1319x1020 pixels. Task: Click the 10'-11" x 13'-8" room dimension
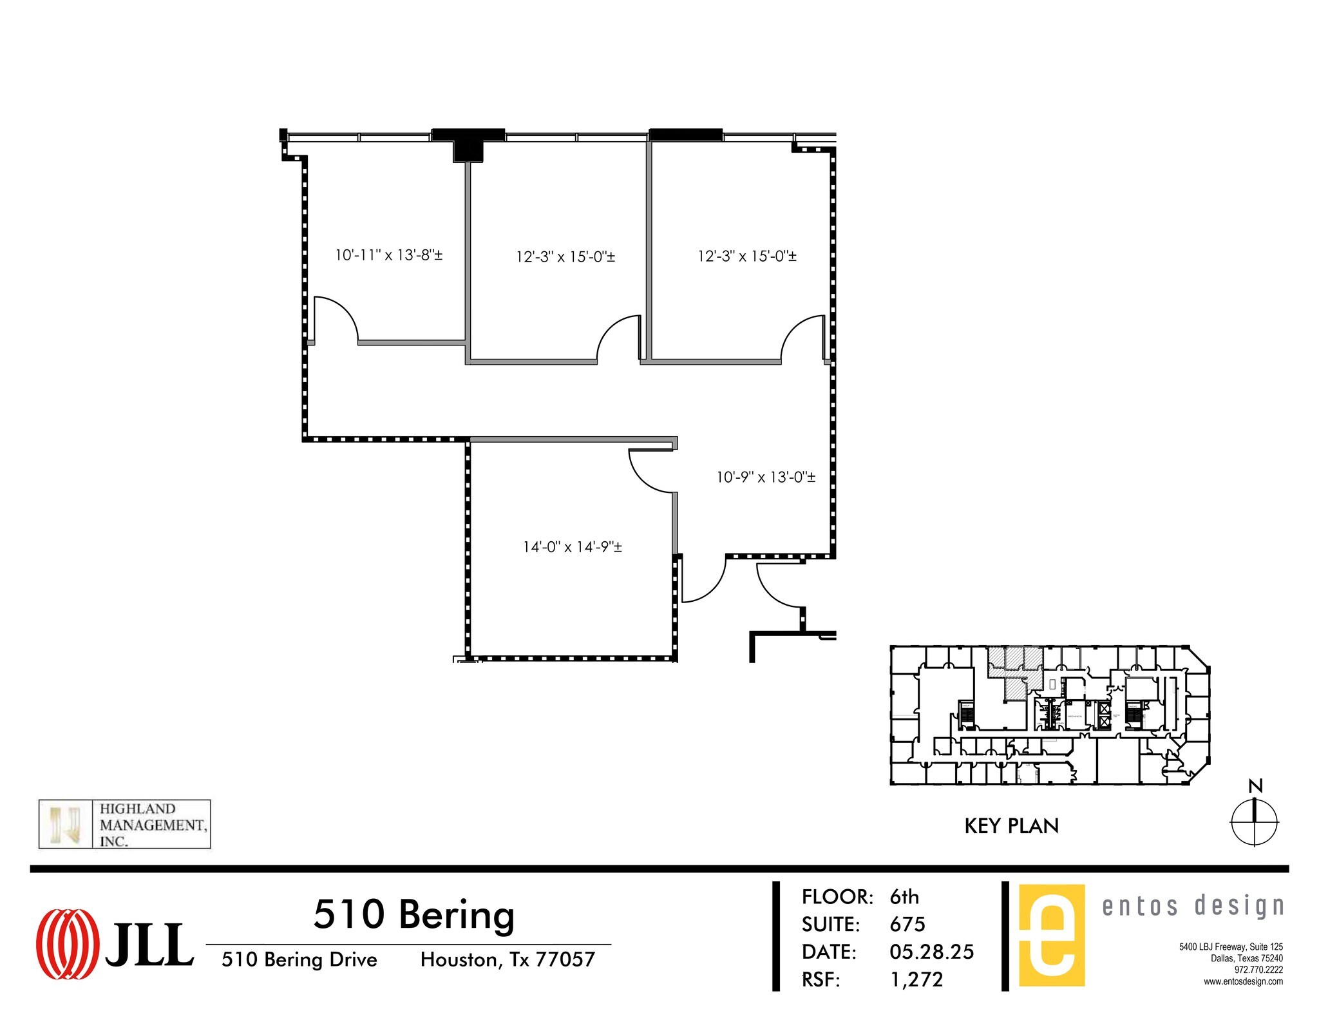(x=388, y=255)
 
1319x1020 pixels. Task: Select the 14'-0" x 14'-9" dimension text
(x=572, y=547)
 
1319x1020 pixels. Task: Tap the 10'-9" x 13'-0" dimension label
(x=766, y=477)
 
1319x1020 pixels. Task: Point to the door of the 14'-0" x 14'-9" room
(x=652, y=472)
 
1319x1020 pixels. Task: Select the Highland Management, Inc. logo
(x=124, y=824)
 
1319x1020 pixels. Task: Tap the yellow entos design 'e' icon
(x=1052, y=935)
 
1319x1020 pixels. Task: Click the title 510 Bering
(x=413, y=914)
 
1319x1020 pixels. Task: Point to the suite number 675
(x=907, y=925)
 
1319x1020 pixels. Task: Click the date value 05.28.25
(x=931, y=952)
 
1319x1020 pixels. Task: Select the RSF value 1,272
(x=916, y=979)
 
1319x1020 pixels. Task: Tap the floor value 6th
(x=904, y=897)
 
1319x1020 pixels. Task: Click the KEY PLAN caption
(x=1011, y=826)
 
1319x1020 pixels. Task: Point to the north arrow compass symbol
(x=1254, y=822)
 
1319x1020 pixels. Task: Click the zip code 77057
(x=565, y=959)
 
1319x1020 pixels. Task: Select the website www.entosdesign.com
(x=1243, y=981)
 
